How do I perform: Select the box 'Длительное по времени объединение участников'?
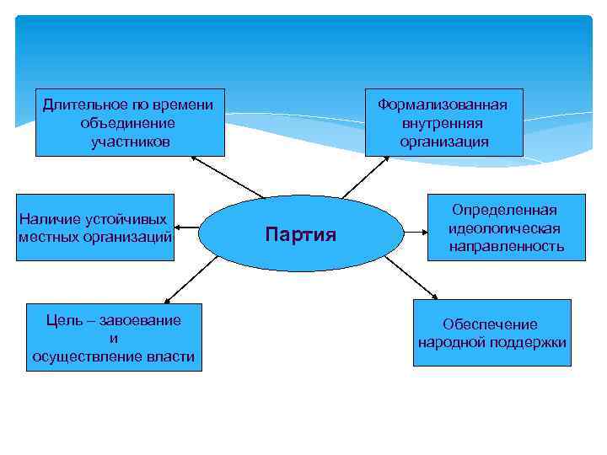click(130, 122)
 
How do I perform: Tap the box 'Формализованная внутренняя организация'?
click(443, 122)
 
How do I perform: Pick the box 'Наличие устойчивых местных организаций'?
click(95, 227)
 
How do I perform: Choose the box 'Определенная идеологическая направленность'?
click(505, 227)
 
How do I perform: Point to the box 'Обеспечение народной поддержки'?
click(492, 333)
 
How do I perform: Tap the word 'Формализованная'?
click(443, 104)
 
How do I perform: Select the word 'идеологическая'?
click(505, 228)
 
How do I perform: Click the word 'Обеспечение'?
click(490, 324)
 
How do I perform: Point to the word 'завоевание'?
click(141, 321)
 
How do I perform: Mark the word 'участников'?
click(131, 142)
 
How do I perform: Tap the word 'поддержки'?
click(529, 343)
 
